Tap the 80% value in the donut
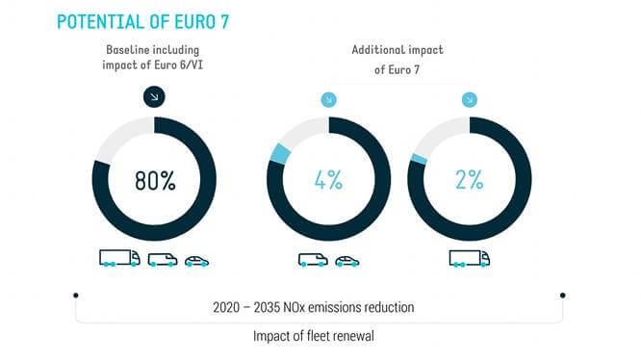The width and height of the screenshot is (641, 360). (x=154, y=180)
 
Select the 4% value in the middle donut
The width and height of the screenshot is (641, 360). (x=328, y=180)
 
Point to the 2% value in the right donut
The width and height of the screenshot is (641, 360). (x=470, y=180)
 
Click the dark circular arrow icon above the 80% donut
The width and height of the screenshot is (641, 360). (x=154, y=96)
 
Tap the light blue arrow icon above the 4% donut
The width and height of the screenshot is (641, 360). (x=328, y=98)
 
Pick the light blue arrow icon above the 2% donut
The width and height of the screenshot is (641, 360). (x=470, y=98)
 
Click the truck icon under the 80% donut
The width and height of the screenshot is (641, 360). (x=119, y=258)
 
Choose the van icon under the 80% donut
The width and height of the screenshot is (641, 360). (x=162, y=259)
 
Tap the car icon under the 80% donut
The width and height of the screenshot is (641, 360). (x=196, y=260)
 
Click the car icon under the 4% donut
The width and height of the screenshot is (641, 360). (x=346, y=260)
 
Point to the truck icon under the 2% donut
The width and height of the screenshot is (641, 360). (x=470, y=258)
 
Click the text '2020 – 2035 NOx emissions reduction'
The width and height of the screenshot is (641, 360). (x=314, y=307)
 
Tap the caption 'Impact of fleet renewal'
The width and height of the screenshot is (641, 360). (x=314, y=336)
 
